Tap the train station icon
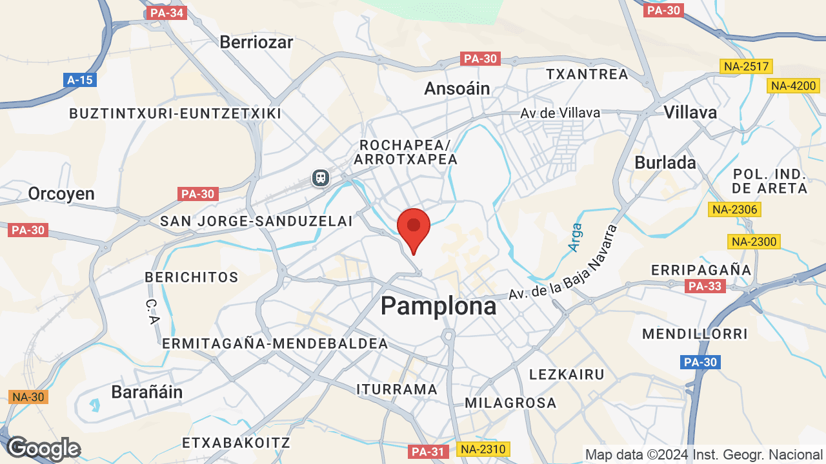click(320, 177)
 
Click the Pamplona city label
click(439, 306)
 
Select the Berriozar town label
click(256, 43)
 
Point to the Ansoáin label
click(457, 88)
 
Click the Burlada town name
click(665, 162)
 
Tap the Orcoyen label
click(61, 193)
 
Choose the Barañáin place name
click(147, 392)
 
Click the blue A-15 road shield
click(80, 80)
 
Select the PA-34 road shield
click(166, 13)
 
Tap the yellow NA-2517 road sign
click(746, 66)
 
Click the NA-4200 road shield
click(793, 86)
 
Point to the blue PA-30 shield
click(700, 362)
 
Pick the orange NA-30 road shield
click(28, 397)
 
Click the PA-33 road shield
click(705, 286)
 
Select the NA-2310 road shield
click(483, 449)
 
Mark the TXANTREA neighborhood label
click(587, 74)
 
